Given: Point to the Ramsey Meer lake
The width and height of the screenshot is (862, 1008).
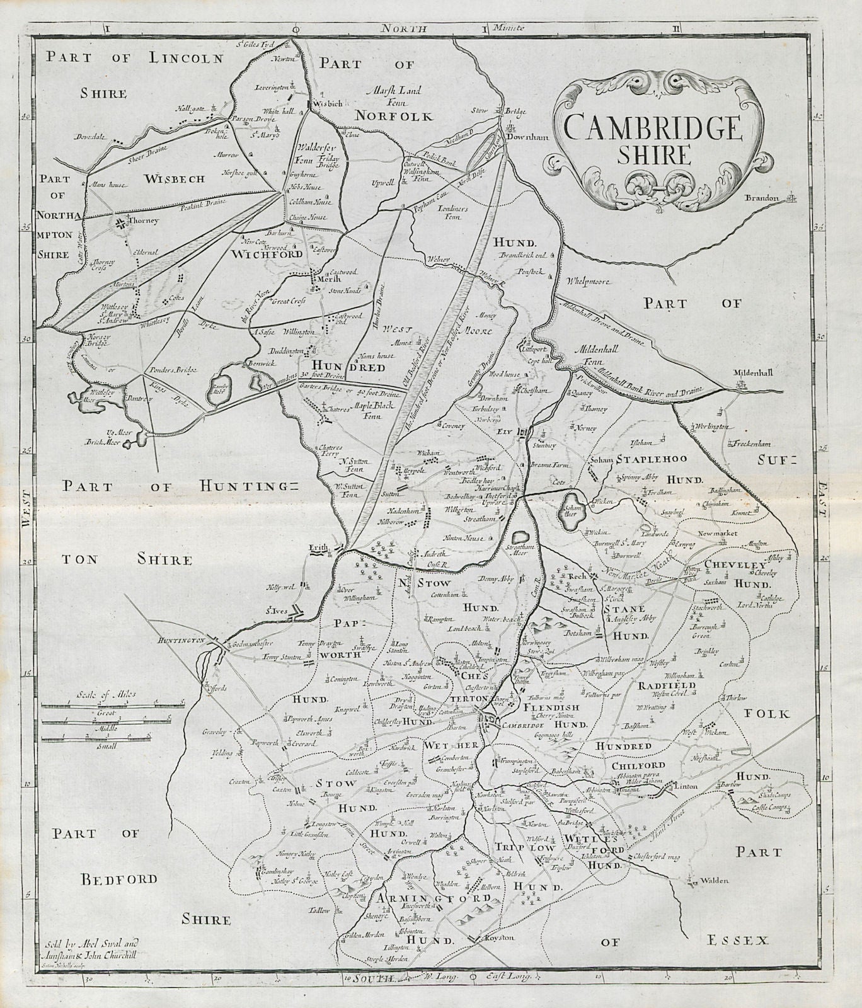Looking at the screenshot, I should (x=217, y=394).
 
